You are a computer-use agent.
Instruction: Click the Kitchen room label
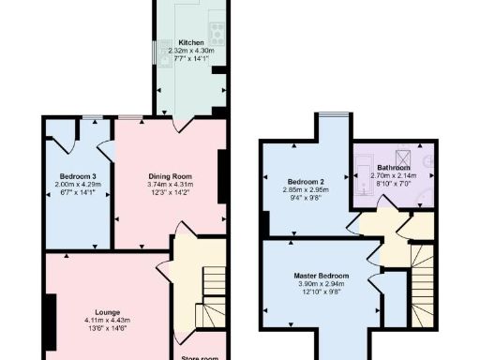click(x=191, y=42)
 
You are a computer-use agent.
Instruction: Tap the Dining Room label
click(x=170, y=176)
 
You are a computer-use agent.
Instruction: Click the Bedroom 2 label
click(x=306, y=180)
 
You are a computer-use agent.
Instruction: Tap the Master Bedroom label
click(x=319, y=275)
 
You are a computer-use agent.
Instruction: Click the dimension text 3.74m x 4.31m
click(x=170, y=185)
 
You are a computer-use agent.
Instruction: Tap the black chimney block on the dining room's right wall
click(x=223, y=169)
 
